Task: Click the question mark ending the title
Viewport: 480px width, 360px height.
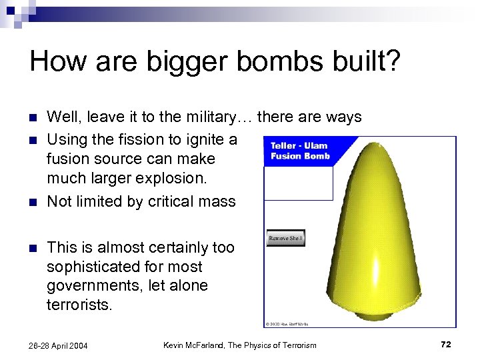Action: (393, 61)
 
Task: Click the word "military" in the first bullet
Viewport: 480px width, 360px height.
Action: (205, 117)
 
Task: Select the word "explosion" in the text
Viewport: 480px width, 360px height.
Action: (173, 179)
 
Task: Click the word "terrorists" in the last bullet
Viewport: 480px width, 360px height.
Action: (77, 305)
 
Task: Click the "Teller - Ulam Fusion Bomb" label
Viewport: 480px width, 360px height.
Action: (300, 151)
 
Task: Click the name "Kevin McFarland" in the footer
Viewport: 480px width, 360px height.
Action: (197, 345)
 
